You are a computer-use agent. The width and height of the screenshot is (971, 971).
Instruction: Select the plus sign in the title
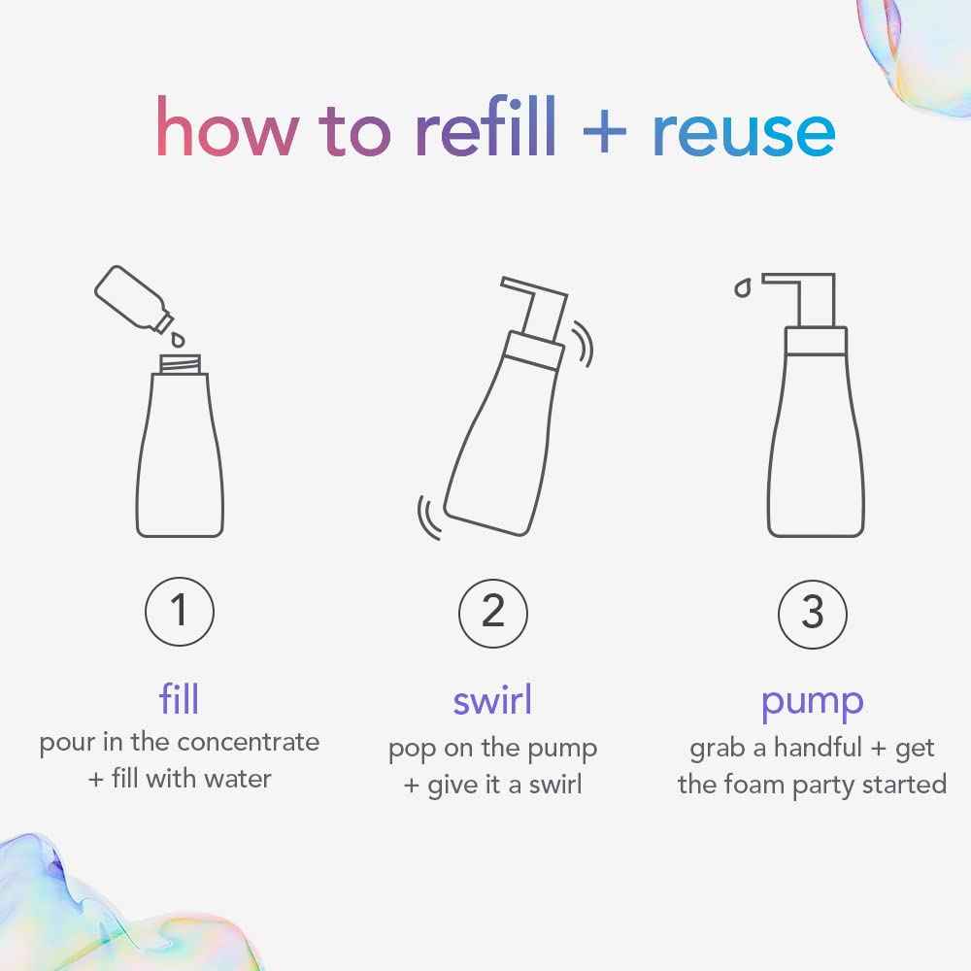(604, 134)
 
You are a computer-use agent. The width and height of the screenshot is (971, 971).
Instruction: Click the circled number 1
(179, 612)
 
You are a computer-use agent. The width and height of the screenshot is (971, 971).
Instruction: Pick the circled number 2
(493, 612)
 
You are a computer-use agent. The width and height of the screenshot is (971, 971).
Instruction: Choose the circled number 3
(813, 613)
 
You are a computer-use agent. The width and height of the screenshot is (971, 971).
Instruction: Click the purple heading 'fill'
(179, 699)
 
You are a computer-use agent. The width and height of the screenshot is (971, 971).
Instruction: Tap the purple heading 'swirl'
(492, 700)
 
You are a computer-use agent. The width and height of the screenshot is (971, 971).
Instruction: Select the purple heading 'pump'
(813, 702)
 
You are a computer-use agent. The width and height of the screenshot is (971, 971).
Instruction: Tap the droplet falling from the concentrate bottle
(178, 339)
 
